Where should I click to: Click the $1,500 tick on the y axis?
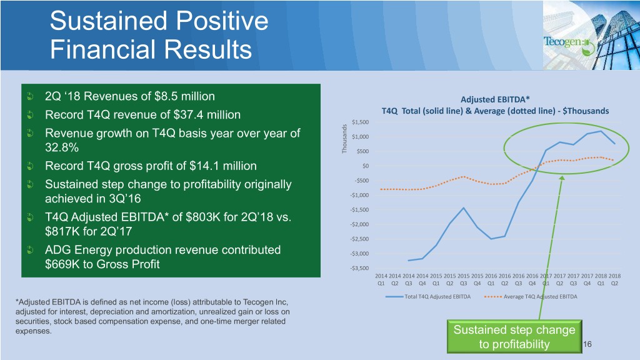click(x=360, y=122)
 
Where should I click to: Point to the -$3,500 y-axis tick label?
click(x=359, y=268)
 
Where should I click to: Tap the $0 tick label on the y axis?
click(x=365, y=166)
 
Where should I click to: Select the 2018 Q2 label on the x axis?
click(x=614, y=279)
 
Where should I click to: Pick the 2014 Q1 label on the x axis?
click(x=381, y=279)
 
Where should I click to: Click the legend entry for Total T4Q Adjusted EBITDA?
click(x=428, y=297)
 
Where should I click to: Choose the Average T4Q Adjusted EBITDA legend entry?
click(x=531, y=297)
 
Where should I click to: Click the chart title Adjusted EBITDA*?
click(x=495, y=99)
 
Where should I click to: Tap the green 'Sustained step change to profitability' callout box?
click(x=514, y=337)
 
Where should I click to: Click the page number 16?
click(x=587, y=344)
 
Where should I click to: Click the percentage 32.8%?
click(x=62, y=147)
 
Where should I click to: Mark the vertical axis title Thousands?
click(x=344, y=139)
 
